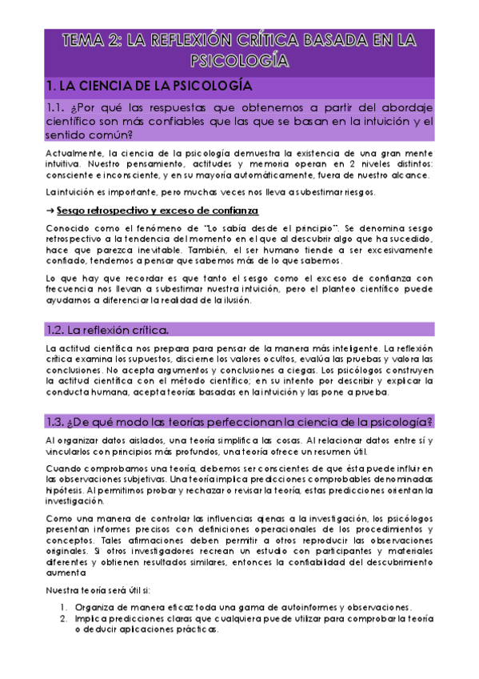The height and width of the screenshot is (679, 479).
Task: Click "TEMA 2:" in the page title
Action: coord(91,38)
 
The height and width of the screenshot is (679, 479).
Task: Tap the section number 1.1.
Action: coord(59,108)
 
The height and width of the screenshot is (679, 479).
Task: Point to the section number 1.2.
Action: coord(59,328)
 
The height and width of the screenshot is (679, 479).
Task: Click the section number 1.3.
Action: coord(59,422)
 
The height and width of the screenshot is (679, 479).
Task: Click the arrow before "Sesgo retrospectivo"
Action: coord(50,210)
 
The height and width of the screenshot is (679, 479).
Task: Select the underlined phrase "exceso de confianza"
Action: coord(219,210)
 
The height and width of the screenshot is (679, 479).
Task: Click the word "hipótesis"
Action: coord(64,489)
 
